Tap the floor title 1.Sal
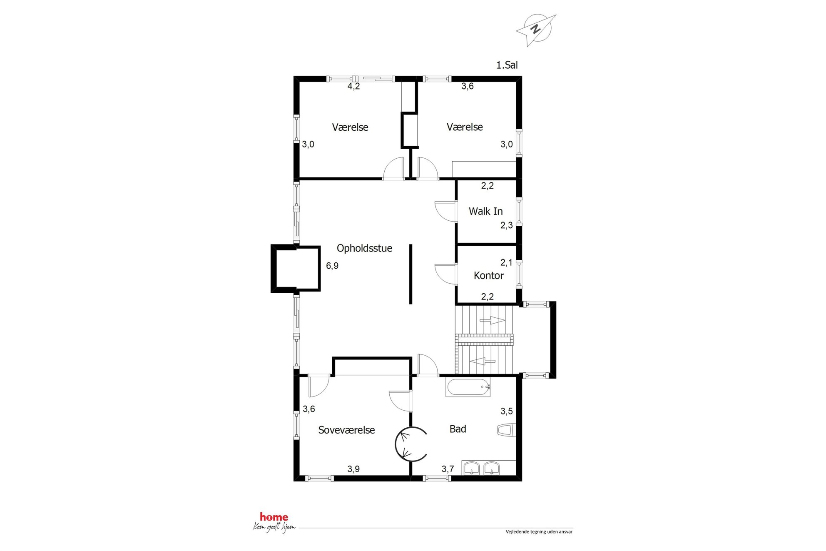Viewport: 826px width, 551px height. pyautogui.click(x=507, y=65)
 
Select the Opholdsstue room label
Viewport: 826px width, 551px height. pyautogui.click(x=364, y=248)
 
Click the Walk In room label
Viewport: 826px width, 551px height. pyautogui.click(x=486, y=211)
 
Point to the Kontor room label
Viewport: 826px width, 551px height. pyautogui.click(x=489, y=275)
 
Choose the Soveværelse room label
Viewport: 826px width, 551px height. pyautogui.click(x=346, y=430)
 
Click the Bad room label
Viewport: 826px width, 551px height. pyautogui.click(x=458, y=429)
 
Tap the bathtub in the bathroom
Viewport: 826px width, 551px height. pyautogui.click(x=468, y=387)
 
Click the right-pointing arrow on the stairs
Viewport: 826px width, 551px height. pyautogui.click(x=493, y=320)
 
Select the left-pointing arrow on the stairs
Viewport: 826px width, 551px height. pyautogui.click(x=483, y=361)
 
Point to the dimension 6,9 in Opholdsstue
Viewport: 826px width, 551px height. pyautogui.click(x=332, y=266)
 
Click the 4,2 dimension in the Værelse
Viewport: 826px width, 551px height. pyautogui.click(x=354, y=86)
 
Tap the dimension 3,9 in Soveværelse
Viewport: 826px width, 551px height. pyautogui.click(x=353, y=469)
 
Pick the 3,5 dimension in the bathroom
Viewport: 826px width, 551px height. pyautogui.click(x=507, y=411)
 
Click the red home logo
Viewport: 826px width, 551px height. pyautogui.click(x=274, y=517)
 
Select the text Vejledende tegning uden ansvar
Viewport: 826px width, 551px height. pyautogui.click(x=539, y=532)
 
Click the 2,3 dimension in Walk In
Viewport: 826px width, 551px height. pyautogui.click(x=507, y=225)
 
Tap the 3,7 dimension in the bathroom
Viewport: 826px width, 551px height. pyautogui.click(x=448, y=469)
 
